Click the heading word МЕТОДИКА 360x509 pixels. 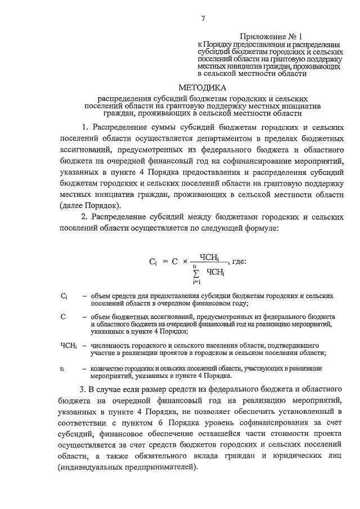(x=202, y=88)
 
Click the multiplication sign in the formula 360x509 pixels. (x=185, y=262)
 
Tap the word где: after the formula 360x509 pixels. (x=237, y=262)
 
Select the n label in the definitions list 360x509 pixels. (x=62, y=368)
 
